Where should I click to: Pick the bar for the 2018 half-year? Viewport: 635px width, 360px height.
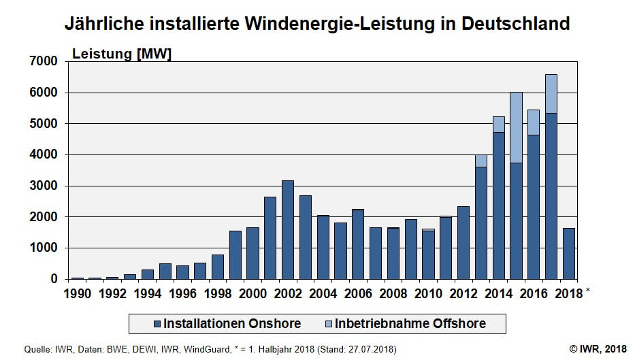pyautogui.click(x=569, y=253)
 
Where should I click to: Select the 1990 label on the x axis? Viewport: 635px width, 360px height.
pyautogui.click(x=77, y=294)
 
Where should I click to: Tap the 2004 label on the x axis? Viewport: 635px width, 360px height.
pyautogui.click(x=323, y=294)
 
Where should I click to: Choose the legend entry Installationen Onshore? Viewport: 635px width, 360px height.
pyautogui.click(x=224, y=323)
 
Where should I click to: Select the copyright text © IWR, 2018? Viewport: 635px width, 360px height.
pyautogui.click(x=597, y=349)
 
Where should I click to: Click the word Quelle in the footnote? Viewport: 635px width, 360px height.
pyautogui.click(x=37, y=349)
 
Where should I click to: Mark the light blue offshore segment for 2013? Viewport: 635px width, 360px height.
pyautogui.click(x=481, y=161)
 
